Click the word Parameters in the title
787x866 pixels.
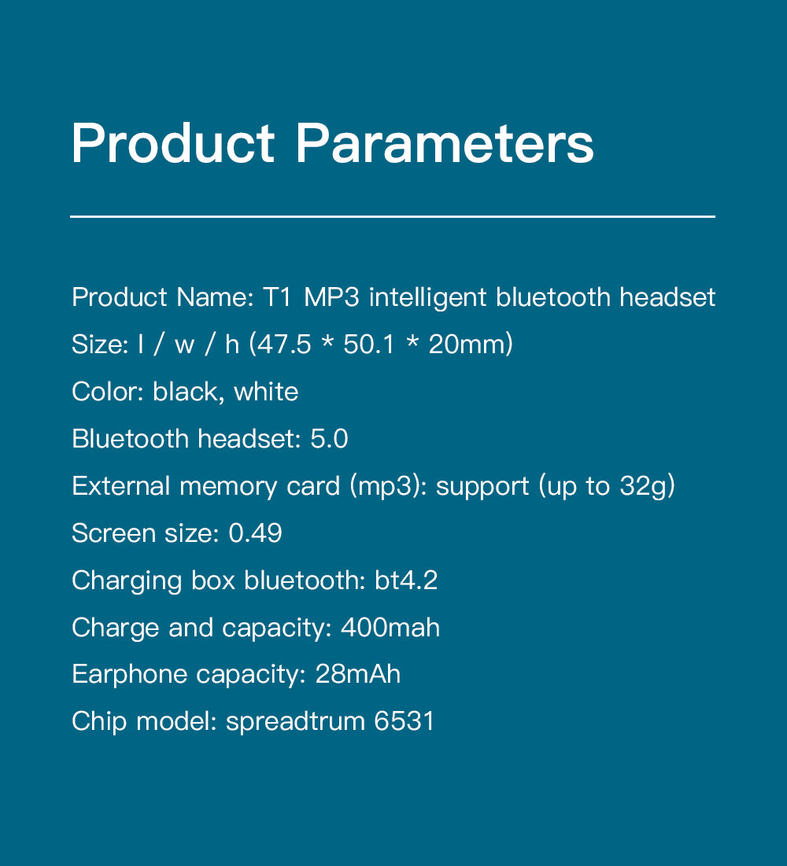point(445,143)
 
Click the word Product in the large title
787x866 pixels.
point(173,143)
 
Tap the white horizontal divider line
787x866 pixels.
point(393,216)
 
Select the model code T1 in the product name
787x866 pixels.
point(276,297)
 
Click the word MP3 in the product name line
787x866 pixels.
point(331,297)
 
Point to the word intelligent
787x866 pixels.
point(428,297)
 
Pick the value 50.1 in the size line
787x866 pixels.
point(369,344)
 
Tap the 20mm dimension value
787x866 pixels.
point(467,344)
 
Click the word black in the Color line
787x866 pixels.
point(185,392)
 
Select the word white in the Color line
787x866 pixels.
point(266,392)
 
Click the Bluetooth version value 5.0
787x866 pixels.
point(329,439)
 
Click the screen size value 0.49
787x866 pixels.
point(255,533)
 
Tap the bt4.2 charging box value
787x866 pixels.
point(406,580)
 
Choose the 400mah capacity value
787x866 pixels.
point(390,628)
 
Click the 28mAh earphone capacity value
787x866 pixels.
point(357,674)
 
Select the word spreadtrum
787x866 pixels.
point(295,722)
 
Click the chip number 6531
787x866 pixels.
point(404,721)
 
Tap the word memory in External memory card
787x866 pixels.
point(228,487)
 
